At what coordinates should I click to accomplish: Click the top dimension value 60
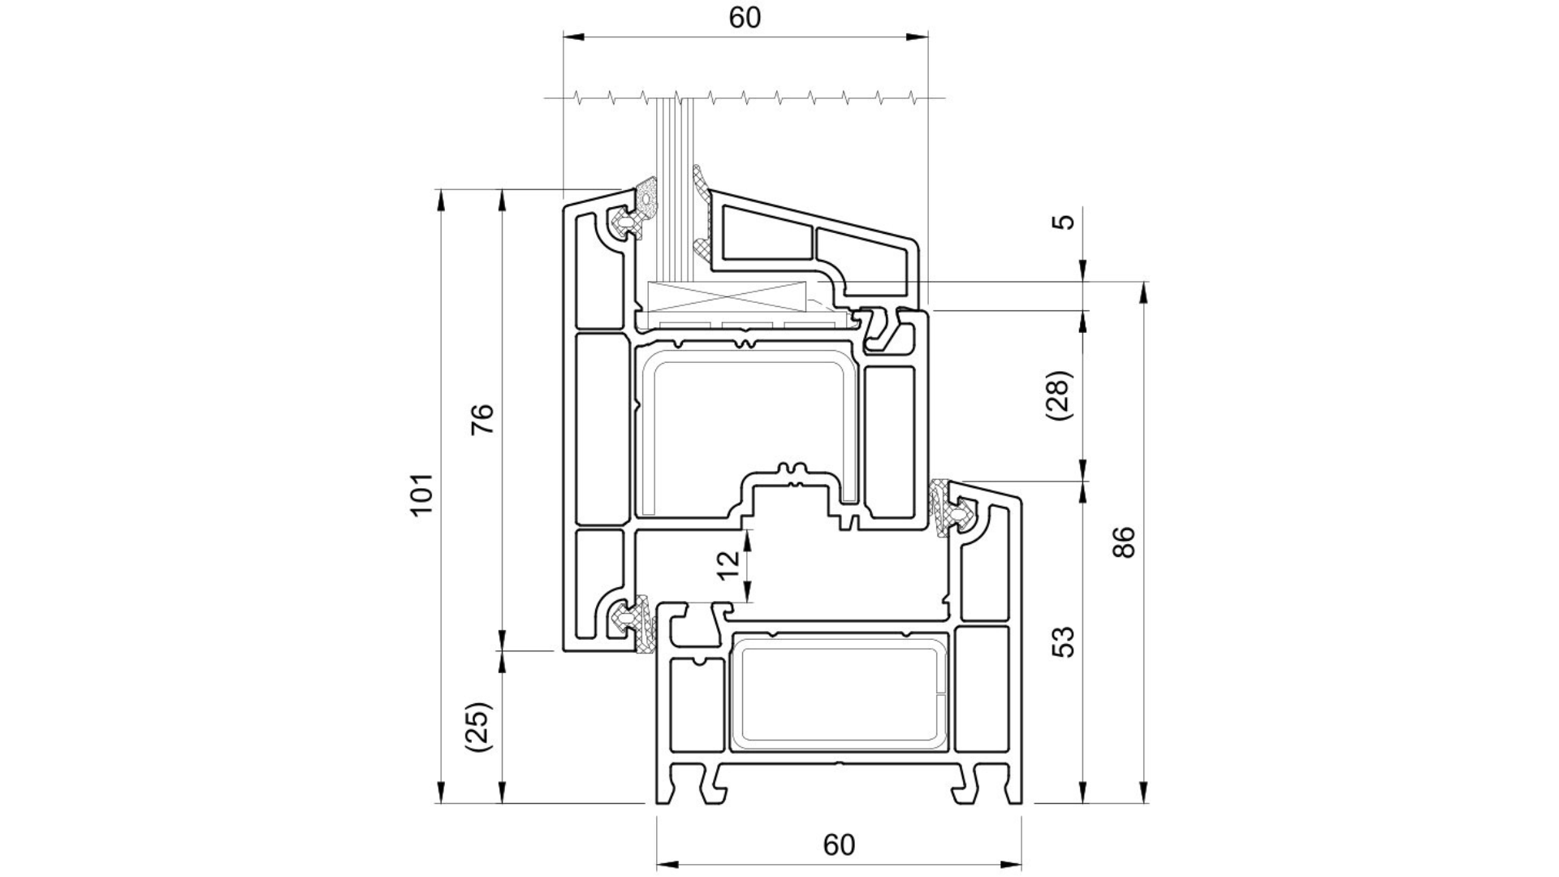(745, 18)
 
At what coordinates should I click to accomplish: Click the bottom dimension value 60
(839, 845)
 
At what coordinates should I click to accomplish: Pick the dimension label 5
(1066, 221)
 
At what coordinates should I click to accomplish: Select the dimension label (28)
(1060, 395)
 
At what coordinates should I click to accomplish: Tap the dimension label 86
(1123, 542)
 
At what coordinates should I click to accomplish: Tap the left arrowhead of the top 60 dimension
(573, 37)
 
